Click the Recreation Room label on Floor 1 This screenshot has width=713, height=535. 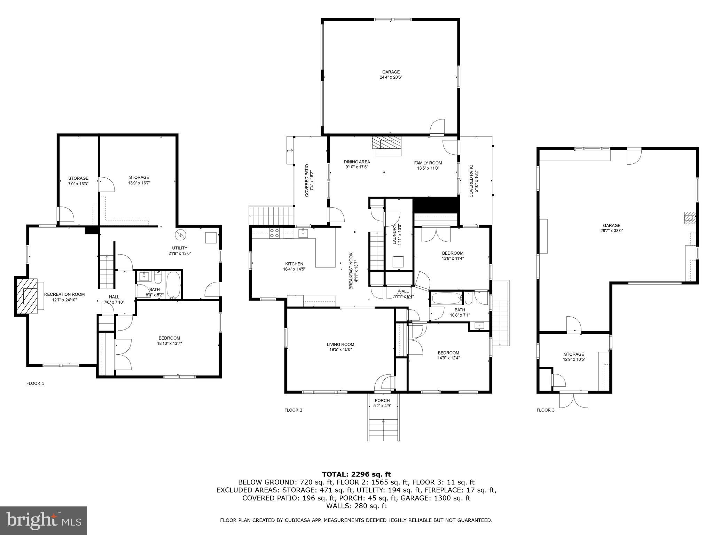pyautogui.click(x=64, y=294)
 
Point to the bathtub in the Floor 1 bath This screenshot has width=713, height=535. pyautogui.click(x=173, y=285)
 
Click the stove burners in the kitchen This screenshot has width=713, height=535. pyautogui.click(x=274, y=233)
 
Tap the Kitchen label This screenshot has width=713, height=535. pyautogui.click(x=294, y=264)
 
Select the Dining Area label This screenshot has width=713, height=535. pyautogui.click(x=356, y=162)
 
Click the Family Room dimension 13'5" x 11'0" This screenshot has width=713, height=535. pyautogui.click(x=428, y=168)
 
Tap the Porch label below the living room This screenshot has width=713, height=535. pyautogui.click(x=382, y=400)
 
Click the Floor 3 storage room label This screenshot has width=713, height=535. pyautogui.click(x=574, y=354)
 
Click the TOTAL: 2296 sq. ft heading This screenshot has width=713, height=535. pyautogui.click(x=356, y=474)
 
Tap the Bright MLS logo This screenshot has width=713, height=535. pyautogui.click(x=44, y=521)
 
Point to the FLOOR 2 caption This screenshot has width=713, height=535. pyautogui.click(x=293, y=410)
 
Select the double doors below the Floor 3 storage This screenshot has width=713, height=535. pyautogui.click(x=573, y=400)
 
